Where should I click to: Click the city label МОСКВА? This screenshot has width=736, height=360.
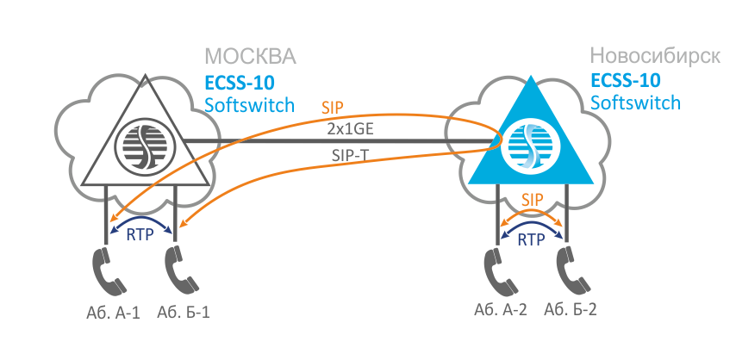tap(250, 58)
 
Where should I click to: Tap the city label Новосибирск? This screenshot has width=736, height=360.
tap(655, 57)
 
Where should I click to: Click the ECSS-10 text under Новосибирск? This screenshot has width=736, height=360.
tap(627, 82)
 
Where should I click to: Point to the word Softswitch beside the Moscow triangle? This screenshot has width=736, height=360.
tap(250, 106)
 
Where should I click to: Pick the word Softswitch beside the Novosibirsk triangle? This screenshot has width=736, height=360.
tap(636, 103)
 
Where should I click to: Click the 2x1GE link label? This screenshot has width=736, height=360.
tap(353, 130)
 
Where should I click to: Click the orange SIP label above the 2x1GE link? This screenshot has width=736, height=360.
tap(332, 109)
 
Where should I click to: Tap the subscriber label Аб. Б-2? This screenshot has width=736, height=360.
tap(571, 310)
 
